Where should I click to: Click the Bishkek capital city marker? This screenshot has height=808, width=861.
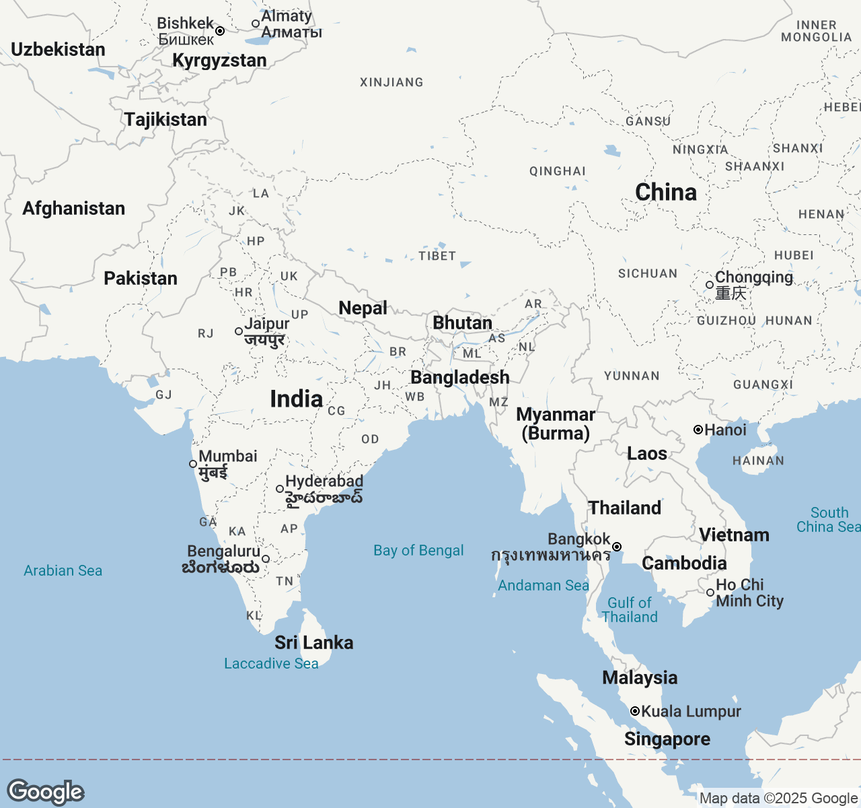[220, 31]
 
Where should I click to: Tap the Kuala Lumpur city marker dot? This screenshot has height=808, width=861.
[634, 711]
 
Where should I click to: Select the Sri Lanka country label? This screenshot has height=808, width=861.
[313, 642]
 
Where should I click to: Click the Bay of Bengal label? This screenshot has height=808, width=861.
[418, 551]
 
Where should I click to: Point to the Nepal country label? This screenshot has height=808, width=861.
[363, 308]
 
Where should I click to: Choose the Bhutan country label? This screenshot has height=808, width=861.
[462, 323]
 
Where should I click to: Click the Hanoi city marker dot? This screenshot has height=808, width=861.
[698, 430]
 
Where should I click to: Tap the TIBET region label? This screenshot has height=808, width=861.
[437, 256]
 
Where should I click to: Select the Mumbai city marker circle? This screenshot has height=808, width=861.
[193, 464]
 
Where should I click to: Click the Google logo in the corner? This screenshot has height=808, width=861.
[45, 792]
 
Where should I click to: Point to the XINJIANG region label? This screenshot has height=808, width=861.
[391, 82]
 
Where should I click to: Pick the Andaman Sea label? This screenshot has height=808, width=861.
[543, 586]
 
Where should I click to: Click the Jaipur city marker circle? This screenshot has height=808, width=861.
[239, 331]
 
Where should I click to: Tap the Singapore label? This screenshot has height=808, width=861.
[667, 739]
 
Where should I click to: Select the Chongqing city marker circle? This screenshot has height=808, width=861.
[710, 285]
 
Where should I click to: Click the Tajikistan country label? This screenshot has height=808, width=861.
[165, 120]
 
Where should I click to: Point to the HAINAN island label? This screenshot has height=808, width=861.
[758, 461]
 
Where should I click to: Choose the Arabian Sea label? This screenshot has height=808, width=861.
[63, 571]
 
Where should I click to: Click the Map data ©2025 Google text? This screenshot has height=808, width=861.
[778, 799]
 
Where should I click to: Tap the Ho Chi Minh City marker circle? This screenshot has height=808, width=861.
[710, 593]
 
